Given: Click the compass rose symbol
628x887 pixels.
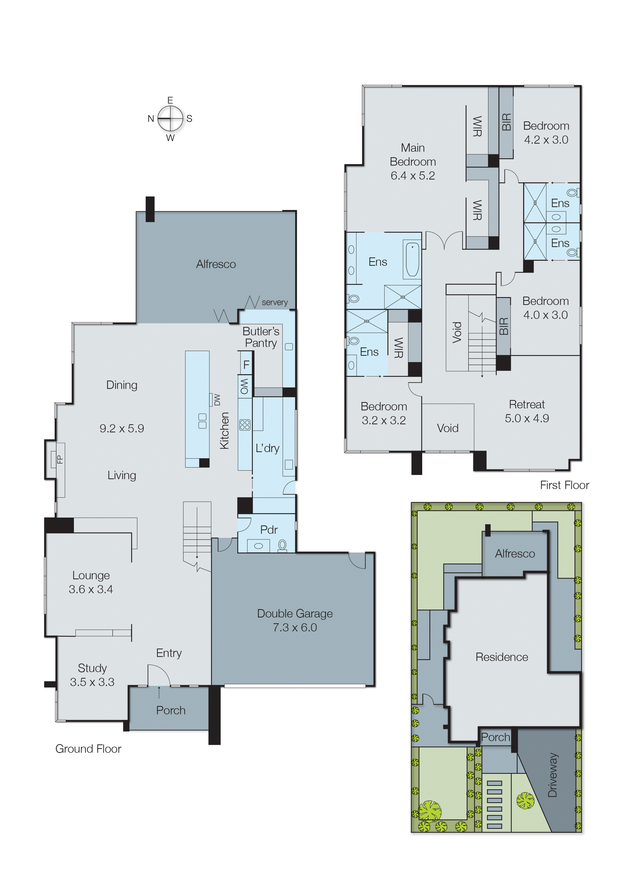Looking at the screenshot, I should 170,119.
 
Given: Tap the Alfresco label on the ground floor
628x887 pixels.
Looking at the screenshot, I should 216,264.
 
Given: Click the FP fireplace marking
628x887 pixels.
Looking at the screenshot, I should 59,459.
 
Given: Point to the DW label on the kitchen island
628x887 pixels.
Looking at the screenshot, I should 217,400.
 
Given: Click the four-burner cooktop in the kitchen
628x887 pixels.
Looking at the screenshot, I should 245,425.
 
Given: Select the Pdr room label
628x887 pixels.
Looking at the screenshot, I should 269,530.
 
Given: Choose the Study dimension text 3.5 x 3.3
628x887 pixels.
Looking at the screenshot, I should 92,682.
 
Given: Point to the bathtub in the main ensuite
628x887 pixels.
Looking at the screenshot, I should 412,259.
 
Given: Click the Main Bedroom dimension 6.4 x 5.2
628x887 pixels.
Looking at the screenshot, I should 413,176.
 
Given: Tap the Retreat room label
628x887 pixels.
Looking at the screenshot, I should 527,405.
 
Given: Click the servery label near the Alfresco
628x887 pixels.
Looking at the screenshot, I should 275,302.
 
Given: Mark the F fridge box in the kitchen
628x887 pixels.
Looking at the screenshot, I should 246,364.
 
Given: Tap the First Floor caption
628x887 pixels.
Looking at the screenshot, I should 564,485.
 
